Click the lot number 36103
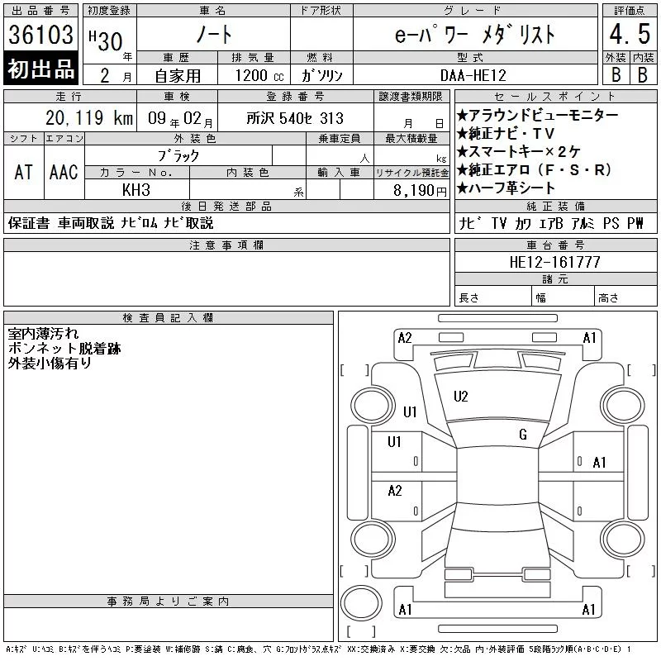tap(40, 34)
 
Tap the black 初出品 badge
tap(40, 69)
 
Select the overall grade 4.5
tap(630, 34)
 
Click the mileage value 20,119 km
tap(89, 118)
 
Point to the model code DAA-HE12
tap(473, 75)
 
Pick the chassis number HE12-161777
tap(554, 262)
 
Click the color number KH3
tap(136, 190)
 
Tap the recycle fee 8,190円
tap(420, 191)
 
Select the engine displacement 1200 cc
tap(259, 76)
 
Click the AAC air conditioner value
tap(64, 173)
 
